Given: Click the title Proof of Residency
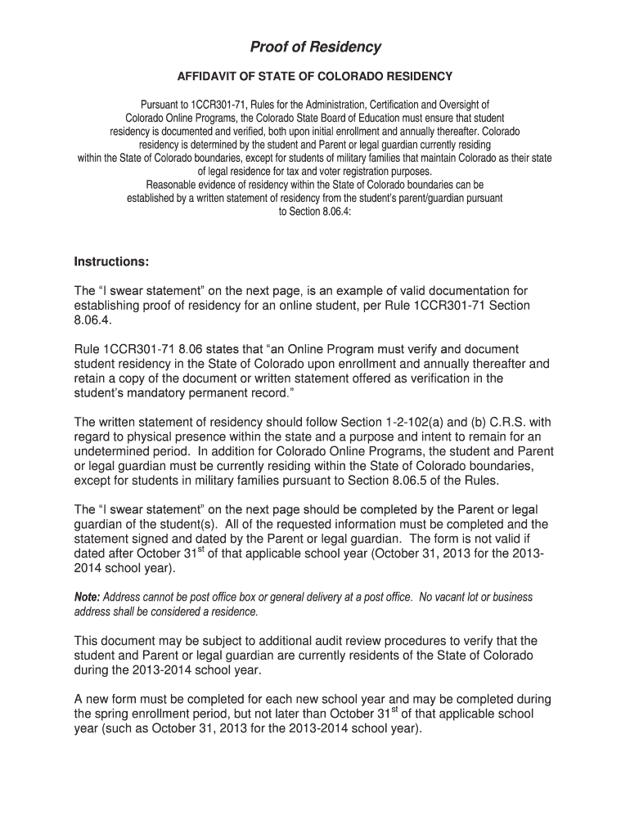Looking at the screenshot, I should coord(315,47).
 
